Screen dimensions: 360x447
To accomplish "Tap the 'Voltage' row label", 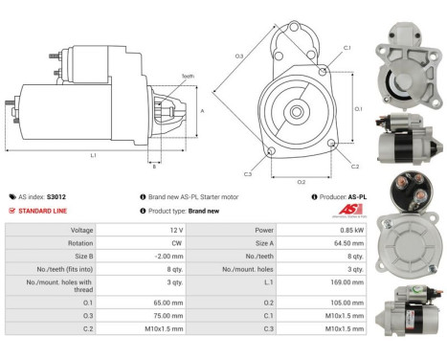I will pyautogui.click(x=81, y=231).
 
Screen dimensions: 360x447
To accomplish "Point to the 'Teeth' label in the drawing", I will pyautogui.click(x=188, y=77).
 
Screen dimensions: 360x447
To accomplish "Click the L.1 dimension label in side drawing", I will pyautogui.click(x=93, y=155).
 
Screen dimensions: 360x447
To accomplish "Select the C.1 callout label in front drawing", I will pyautogui.click(x=346, y=48).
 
